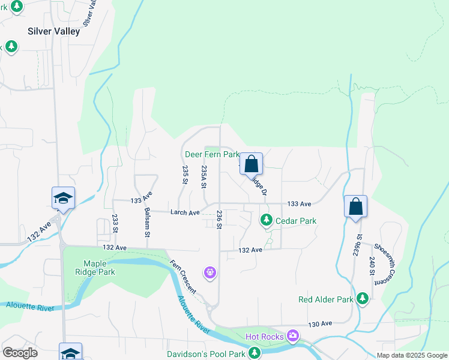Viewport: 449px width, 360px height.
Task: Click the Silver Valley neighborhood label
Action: coord(53,31)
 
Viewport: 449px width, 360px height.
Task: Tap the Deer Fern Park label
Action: coord(212,154)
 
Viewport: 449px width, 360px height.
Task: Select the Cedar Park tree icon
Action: coord(267,221)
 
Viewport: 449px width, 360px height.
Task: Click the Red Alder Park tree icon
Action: coord(362,298)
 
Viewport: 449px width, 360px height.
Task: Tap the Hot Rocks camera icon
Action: coord(293,335)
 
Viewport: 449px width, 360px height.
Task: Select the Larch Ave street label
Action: coord(185,212)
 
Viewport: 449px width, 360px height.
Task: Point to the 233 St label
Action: coord(114,223)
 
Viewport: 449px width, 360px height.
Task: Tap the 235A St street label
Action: coord(204,178)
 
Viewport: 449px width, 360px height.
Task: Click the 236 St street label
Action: coord(220,219)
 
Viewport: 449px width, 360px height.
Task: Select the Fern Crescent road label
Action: coord(182,277)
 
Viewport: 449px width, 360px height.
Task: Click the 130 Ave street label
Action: coord(320,323)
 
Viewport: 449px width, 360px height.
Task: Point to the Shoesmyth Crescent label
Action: coord(382,260)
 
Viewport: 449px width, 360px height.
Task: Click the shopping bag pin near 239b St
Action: coord(355,206)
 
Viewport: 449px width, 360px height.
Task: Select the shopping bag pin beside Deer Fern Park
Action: coord(252,163)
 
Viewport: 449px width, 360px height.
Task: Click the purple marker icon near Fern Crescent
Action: coord(209,273)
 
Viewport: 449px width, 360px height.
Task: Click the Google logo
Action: coord(20,353)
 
